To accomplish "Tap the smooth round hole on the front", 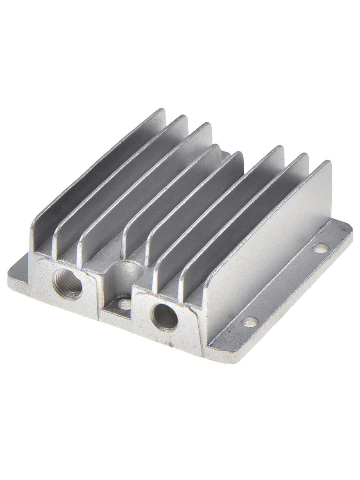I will point(165,317).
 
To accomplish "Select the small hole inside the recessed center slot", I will point(124,303).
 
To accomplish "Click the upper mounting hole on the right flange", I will point(320,247).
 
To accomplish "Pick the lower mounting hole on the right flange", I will point(249,322).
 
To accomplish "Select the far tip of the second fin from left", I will point(184,118).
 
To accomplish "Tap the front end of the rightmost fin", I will point(205,319).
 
